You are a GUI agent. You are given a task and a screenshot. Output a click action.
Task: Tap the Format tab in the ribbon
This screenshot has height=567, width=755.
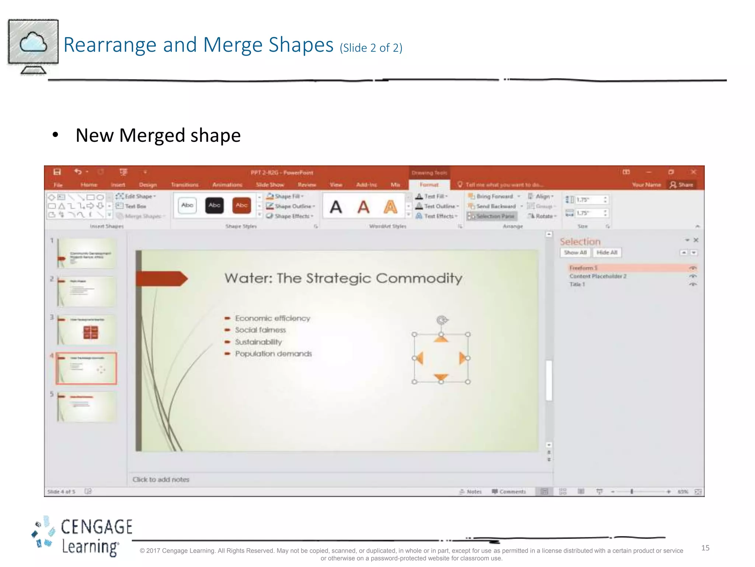[x=429, y=185]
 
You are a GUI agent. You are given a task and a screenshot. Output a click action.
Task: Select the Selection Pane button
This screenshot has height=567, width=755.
[x=492, y=216]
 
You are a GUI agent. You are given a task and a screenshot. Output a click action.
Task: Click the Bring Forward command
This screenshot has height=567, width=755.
[x=494, y=196]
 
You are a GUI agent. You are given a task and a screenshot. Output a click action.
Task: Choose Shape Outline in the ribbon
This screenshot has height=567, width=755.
[x=293, y=206]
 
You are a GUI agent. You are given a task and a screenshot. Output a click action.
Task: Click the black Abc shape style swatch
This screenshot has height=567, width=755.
[x=215, y=206]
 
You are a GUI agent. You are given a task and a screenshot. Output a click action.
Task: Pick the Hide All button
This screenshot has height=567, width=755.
[x=607, y=252]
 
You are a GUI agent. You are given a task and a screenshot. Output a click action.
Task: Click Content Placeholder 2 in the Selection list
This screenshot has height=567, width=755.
[x=598, y=276]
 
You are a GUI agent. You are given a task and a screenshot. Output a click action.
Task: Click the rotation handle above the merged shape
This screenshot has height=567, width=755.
[x=442, y=320]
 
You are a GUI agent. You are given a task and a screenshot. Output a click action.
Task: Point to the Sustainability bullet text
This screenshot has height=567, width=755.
[x=258, y=342]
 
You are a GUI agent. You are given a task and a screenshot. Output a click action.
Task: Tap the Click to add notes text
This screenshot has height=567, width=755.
[x=161, y=480]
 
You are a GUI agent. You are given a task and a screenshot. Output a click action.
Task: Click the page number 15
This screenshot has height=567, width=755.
[x=705, y=548]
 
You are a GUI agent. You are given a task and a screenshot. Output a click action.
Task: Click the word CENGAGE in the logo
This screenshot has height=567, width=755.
[x=97, y=527]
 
